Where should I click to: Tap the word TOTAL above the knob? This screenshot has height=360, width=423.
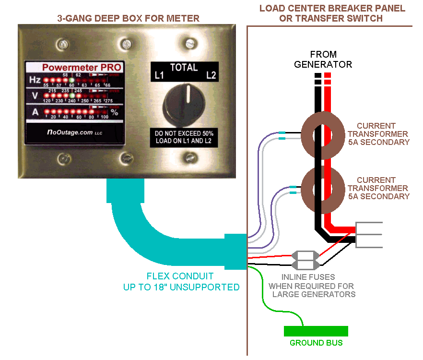click(184, 68)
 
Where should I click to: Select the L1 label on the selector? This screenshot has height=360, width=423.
click(159, 75)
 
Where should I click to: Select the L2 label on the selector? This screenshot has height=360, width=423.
click(210, 75)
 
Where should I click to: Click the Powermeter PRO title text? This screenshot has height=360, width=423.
click(82, 68)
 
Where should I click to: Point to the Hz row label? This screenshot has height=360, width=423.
click(35, 80)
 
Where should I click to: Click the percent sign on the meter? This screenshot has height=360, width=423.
click(115, 113)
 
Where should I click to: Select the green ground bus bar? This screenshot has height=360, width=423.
click(316, 331)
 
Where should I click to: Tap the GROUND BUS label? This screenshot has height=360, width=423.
click(316, 343)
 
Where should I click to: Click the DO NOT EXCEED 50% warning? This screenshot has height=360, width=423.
click(184, 137)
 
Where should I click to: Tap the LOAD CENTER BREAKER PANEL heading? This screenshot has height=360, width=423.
click(332, 13)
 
